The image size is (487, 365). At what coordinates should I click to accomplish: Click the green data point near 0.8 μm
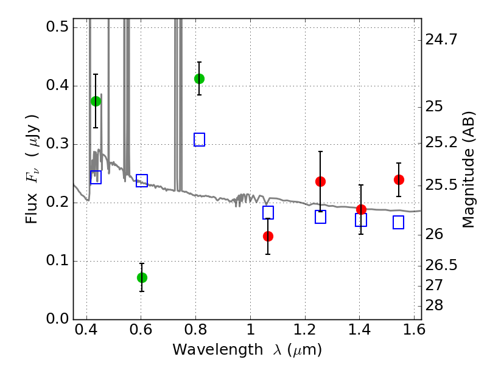[200, 79]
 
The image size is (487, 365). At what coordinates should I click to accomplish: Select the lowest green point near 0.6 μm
[142, 277]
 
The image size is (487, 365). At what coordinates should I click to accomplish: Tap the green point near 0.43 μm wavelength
[96, 101]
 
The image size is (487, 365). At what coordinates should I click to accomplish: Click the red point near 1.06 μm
[268, 236]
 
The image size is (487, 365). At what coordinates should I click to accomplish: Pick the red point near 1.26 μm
[321, 181]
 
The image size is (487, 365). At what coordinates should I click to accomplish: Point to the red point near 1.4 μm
[361, 209]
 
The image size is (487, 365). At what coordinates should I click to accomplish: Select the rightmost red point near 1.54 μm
[399, 179]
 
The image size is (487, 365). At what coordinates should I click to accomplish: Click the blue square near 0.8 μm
[200, 140]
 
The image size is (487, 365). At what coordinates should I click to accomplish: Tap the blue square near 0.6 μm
[142, 180]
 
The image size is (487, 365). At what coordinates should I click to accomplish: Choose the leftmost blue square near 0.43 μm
[96, 177]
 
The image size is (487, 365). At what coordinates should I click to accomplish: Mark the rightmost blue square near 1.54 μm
[399, 222]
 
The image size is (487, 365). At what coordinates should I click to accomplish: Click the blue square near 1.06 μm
[268, 212]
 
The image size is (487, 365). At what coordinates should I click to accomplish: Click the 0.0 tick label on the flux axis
[57, 319]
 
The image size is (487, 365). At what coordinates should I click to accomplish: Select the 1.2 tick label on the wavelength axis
[305, 330]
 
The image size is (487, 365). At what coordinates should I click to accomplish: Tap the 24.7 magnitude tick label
[441, 40]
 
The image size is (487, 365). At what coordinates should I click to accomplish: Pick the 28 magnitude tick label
[434, 305]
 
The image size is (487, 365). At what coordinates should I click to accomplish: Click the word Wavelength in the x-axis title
[218, 350]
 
